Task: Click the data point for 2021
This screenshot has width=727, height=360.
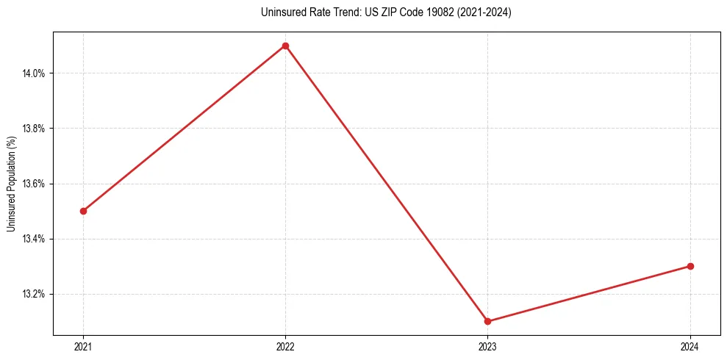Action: coord(83,211)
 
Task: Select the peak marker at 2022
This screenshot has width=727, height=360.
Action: coord(285,46)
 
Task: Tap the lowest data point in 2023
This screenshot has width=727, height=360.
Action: coord(487,321)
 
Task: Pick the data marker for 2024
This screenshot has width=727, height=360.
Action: coord(690,266)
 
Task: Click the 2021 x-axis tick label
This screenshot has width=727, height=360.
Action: coord(83,346)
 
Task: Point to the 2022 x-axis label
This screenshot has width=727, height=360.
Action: coord(285,346)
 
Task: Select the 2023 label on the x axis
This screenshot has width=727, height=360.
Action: coord(487,346)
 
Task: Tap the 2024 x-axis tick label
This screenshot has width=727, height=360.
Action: coord(690,346)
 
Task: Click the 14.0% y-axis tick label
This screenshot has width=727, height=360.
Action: coord(35,73)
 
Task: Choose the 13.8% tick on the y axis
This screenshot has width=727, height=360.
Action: coord(35,129)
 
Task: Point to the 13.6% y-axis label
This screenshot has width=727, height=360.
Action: coord(35,184)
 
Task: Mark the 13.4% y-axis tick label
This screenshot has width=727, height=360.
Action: coord(35,239)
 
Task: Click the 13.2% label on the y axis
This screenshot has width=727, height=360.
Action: coord(35,294)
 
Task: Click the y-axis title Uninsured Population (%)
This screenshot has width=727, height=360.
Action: coord(11,184)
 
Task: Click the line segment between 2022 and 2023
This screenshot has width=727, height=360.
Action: coord(387,184)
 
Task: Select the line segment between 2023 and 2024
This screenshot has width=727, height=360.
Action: coord(589,294)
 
